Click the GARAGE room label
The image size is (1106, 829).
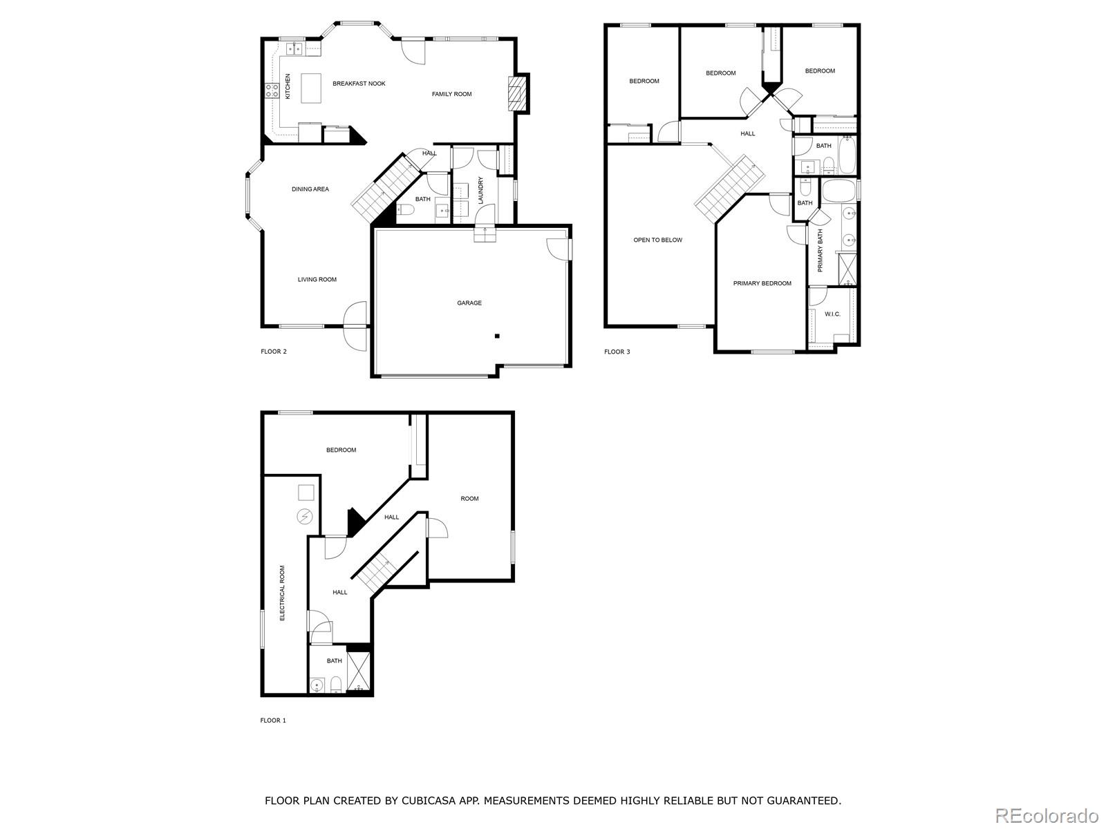[x=469, y=303]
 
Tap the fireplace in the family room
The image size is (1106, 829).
[x=516, y=93]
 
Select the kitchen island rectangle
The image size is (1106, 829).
[x=311, y=88]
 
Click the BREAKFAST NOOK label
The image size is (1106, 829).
[x=359, y=84]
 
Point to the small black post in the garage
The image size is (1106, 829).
[x=496, y=336]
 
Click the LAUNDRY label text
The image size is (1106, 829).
[x=480, y=191]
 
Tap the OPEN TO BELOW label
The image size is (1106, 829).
[x=657, y=240]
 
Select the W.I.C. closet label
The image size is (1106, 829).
[x=832, y=314]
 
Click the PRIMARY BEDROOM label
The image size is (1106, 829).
[x=762, y=283]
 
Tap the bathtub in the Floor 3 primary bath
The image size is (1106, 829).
[x=839, y=190]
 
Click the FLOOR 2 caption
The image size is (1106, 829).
[x=273, y=352]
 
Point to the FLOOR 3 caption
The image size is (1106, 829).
[x=617, y=352]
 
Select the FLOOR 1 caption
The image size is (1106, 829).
[x=272, y=721]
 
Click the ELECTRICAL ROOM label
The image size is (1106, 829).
[x=282, y=593]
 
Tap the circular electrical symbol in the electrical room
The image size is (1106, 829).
[x=304, y=516]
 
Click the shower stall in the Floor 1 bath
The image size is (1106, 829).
[x=359, y=671]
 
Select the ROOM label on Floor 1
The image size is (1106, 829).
[x=469, y=499]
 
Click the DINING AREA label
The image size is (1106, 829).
[x=310, y=189]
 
